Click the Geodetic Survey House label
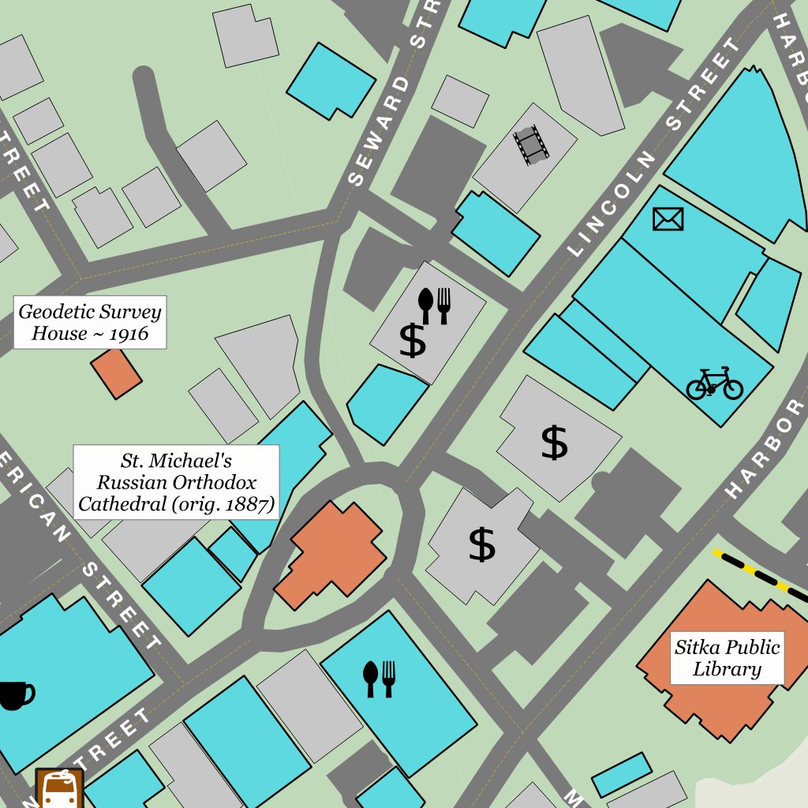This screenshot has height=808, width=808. (89, 322)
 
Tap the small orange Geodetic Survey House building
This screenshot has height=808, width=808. (116, 373)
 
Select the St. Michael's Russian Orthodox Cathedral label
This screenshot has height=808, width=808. (176, 481)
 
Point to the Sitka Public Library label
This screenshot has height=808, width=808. (727, 658)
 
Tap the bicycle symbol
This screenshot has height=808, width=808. (714, 383)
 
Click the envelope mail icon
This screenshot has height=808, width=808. (668, 219)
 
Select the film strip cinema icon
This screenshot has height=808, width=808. (531, 144)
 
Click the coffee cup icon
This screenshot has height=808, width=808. (15, 695)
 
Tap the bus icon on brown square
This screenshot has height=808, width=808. (60, 788)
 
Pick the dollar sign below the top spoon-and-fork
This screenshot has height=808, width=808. (412, 341)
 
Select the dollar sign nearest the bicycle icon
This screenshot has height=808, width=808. (555, 442)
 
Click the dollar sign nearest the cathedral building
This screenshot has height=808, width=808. (481, 544)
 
